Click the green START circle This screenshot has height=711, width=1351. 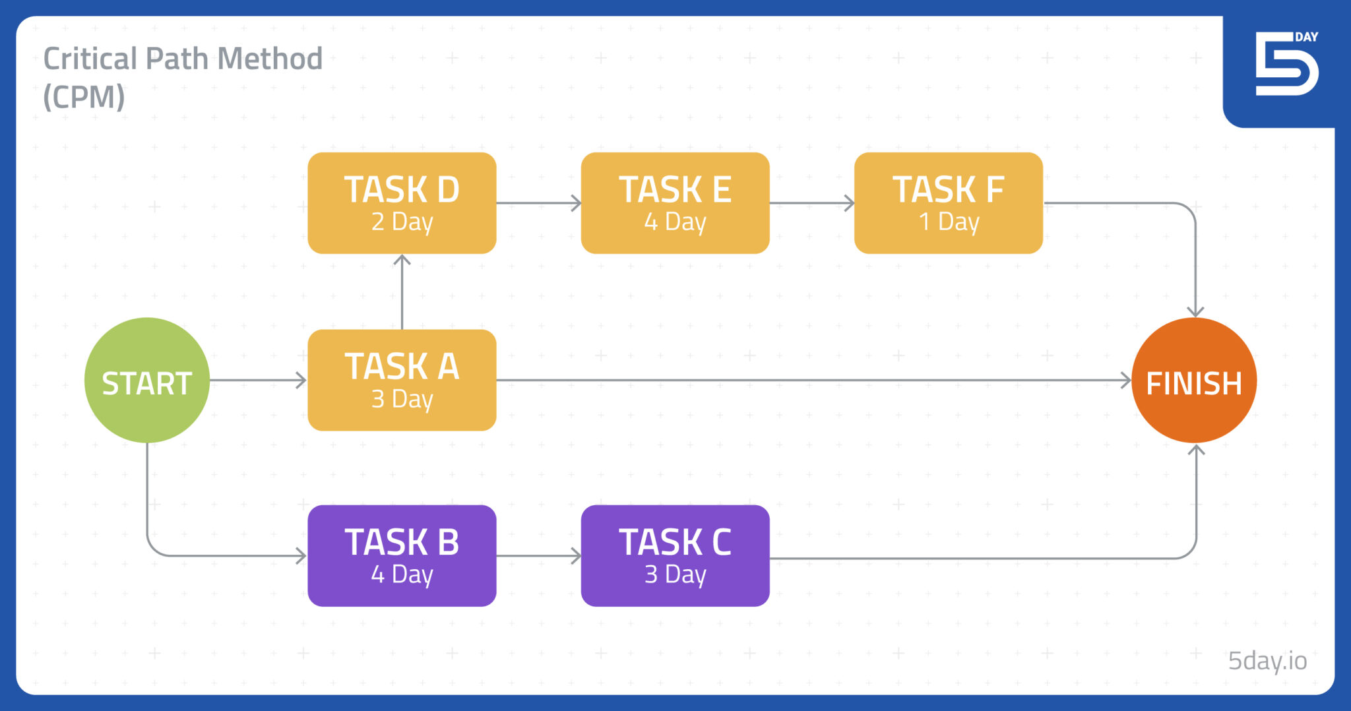(147, 381)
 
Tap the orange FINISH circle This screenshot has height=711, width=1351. (1194, 381)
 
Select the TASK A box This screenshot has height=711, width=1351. (402, 380)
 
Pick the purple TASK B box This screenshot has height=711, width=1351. (402, 555)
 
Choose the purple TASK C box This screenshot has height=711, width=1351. (675, 555)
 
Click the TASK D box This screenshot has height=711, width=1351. (402, 203)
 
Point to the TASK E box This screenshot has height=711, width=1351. (675, 203)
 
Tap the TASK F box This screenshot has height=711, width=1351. (948, 203)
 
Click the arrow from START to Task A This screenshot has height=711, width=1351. (258, 380)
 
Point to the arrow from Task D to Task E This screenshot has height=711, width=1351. (538, 203)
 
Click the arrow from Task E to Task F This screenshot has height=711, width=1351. (811, 203)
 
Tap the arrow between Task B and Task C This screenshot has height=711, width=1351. (538, 555)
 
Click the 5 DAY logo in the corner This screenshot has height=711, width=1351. (1286, 64)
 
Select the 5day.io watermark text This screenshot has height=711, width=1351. (1267, 660)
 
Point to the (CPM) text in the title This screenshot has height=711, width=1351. (84, 97)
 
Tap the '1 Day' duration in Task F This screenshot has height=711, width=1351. (949, 222)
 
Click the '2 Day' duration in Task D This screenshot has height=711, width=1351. (402, 222)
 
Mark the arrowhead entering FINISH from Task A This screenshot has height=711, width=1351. (1125, 380)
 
